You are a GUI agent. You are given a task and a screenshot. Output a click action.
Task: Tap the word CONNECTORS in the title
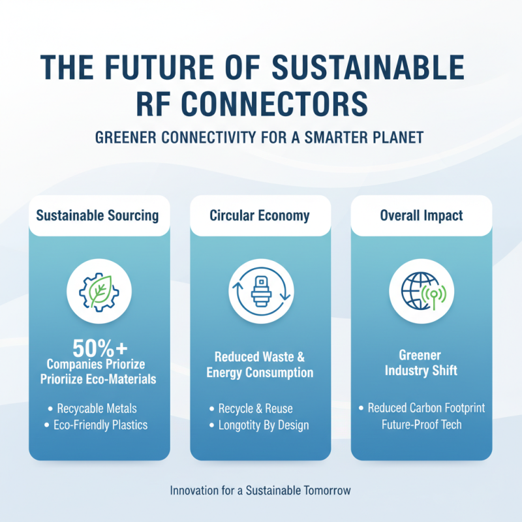click(x=275, y=104)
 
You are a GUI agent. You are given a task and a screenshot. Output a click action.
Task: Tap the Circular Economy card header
click(x=260, y=215)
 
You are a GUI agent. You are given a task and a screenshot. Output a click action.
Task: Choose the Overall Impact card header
click(x=422, y=215)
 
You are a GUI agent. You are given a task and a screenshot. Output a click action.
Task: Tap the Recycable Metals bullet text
click(x=97, y=408)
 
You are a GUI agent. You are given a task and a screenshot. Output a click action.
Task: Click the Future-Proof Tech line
click(x=423, y=425)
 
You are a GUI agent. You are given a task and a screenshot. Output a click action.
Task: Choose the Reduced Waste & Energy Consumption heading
click(x=260, y=365)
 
